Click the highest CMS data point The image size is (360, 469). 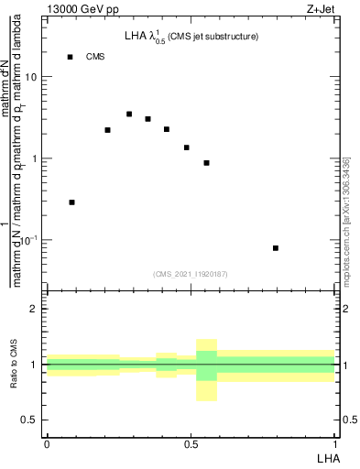pyautogui.click(x=129, y=115)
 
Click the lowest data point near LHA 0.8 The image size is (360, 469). pyautogui.click(x=276, y=248)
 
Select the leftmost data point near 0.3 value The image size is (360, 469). pyautogui.click(x=72, y=202)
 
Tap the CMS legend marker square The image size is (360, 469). pyautogui.click(x=70, y=57)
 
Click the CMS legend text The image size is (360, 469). pyautogui.click(x=95, y=57)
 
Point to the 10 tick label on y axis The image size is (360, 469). pyautogui.click(x=31, y=77)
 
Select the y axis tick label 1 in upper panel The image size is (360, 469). pyautogui.click(x=34, y=158)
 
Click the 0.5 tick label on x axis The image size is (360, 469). pyautogui.click(x=191, y=442)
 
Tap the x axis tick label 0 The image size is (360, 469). pyautogui.click(x=47, y=442)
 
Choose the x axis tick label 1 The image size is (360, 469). pyautogui.click(x=334, y=442)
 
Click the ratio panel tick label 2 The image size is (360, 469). pyautogui.click(x=34, y=310)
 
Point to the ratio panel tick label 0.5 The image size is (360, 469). pyautogui.click(x=29, y=420)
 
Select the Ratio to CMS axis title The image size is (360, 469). pyautogui.click(x=14, y=365)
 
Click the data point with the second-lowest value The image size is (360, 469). pyautogui.click(x=72, y=202)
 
